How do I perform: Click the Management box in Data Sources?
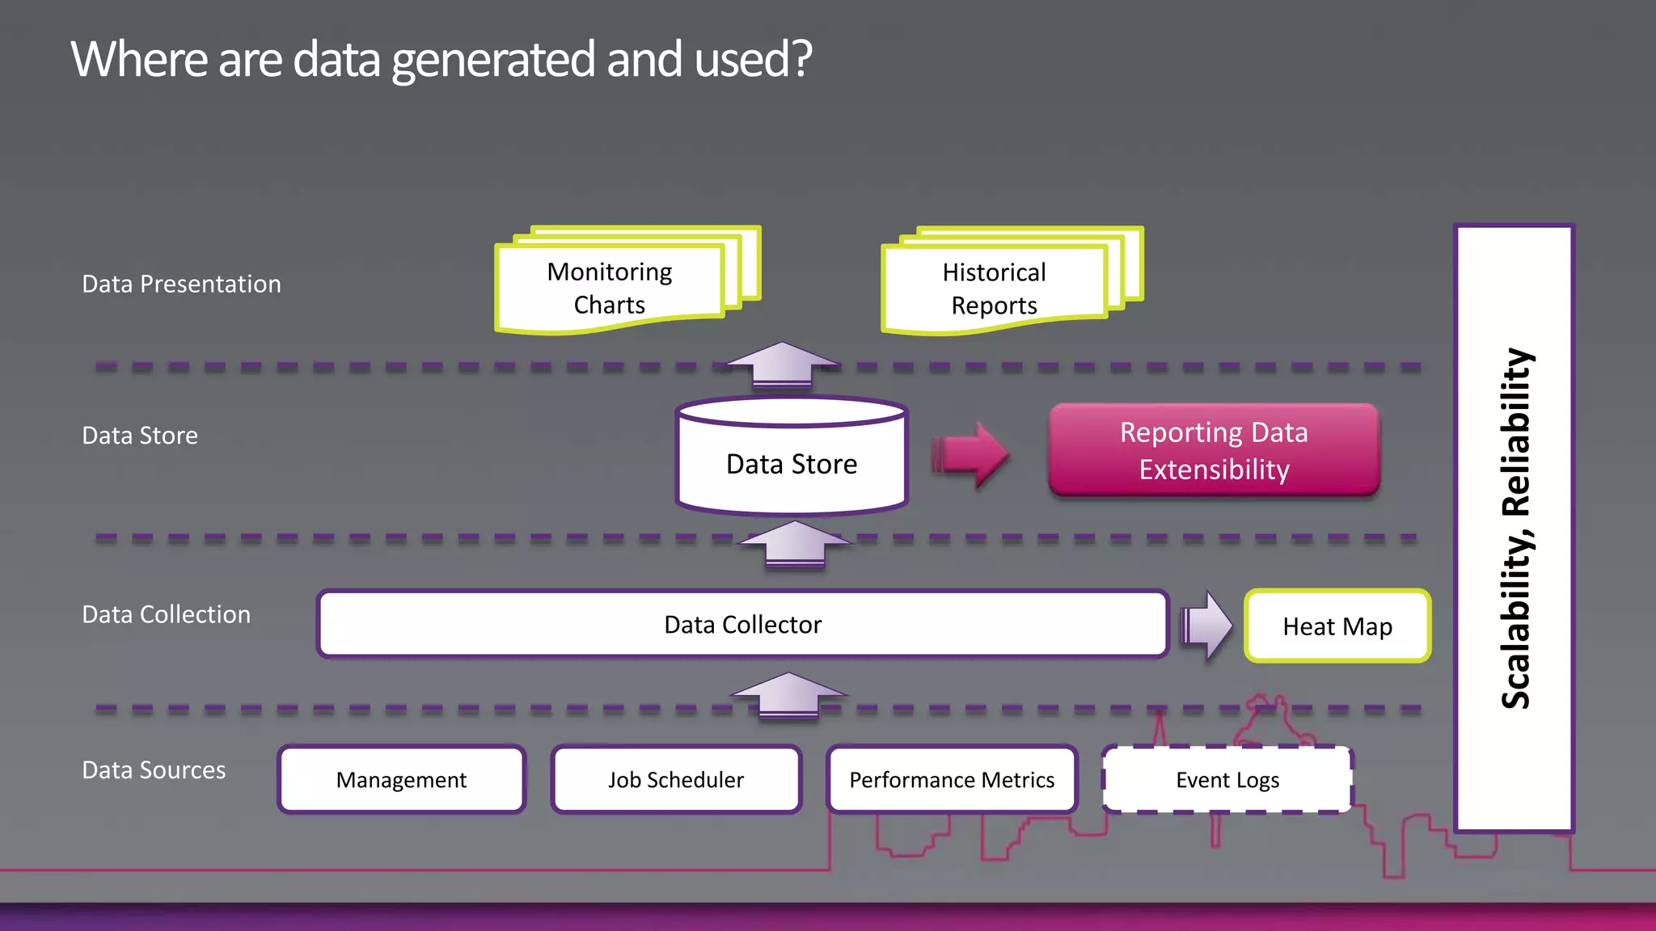[x=402, y=780]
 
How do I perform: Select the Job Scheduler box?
[x=676, y=780]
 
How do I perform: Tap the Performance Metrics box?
[x=952, y=780]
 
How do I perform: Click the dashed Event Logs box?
[x=1227, y=780]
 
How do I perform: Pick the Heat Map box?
[x=1337, y=626]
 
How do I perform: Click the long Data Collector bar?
[x=742, y=625]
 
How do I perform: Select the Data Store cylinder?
[x=792, y=463]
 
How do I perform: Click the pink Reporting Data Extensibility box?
[x=1214, y=451]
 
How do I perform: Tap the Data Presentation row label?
[x=181, y=284]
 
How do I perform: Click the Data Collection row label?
[x=166, y=615]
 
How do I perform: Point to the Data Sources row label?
[x=154, y=770]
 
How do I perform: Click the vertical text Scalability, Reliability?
[x=1515, y=529]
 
